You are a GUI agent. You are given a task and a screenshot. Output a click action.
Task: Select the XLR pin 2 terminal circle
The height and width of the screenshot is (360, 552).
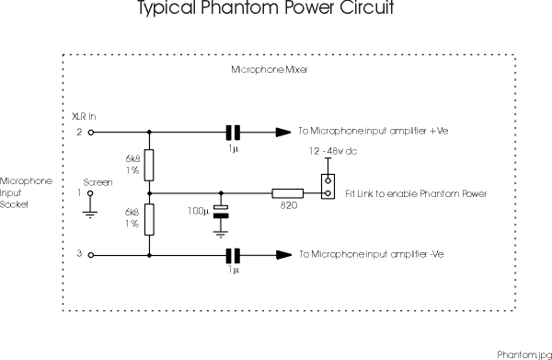pyautogui.click(x=89, y=132)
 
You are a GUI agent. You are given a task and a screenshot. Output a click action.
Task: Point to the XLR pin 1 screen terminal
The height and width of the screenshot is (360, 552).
pyautogui.click(x=89, y=194)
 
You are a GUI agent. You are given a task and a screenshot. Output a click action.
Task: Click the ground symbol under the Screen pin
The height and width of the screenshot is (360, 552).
pyautogui.click(x=89, y=213)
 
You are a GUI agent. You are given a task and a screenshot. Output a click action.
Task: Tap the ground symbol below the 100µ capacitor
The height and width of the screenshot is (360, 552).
pyautogui.click(x=220, y=233)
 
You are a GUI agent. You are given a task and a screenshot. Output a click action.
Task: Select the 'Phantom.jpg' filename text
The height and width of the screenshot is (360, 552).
pyautogui.click(x=522, y=353)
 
